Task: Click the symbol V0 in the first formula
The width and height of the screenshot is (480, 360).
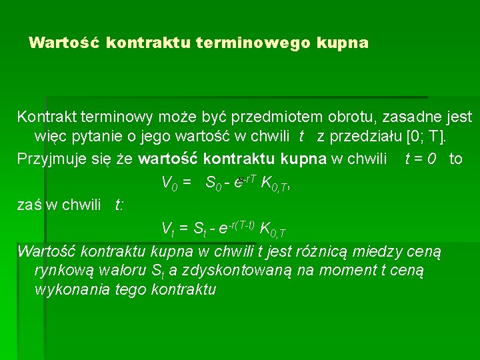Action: tap(169, 183)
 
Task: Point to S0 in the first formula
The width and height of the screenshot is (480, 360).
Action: tap(214, 183)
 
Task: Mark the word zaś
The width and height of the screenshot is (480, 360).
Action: tap(28, 205)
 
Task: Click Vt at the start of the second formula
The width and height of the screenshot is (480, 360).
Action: tap(169, 230)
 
